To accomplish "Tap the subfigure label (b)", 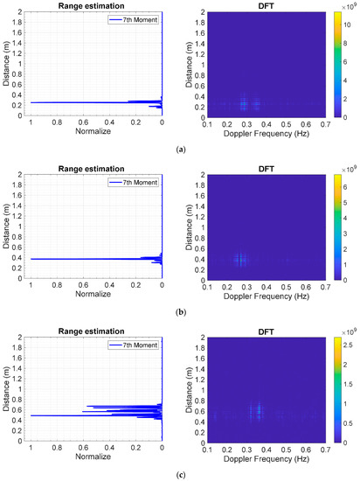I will (180, 311).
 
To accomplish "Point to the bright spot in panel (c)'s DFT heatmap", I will (259, 411).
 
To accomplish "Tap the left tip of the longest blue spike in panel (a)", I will (31, 102).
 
